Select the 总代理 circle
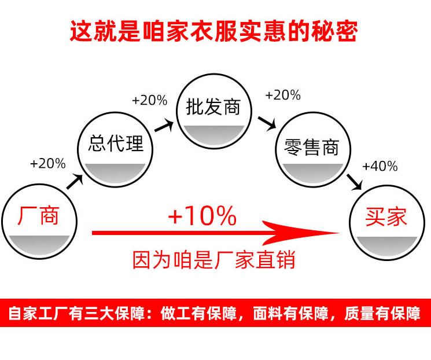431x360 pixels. [x=116, y=149]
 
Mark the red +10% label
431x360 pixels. [x=202, y=216]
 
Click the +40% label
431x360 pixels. [x=380, y=167]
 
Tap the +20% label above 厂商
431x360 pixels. [x=47, y=164]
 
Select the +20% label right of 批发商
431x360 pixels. [x=282, y=95]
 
